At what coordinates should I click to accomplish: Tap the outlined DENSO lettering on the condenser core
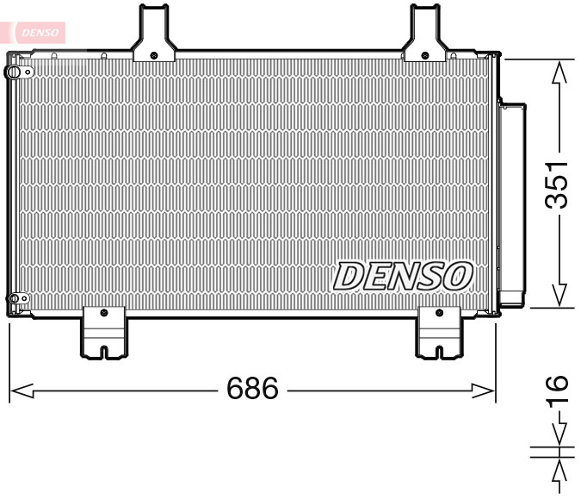[x=403, y=276]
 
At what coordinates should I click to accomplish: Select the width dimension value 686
[x=253, y=390]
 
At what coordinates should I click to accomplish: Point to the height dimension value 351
[x=560, y=184]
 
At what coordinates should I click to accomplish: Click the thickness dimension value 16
[x=559, y=390]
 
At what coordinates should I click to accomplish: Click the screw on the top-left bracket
[x=153, y=54]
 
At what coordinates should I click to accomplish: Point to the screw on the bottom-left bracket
[x=103, y=313]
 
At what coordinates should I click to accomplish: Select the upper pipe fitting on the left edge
[x=13, y=72]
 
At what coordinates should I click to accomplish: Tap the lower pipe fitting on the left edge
[x=13, y=300]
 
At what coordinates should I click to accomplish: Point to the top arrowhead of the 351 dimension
[x=560, y=71]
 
